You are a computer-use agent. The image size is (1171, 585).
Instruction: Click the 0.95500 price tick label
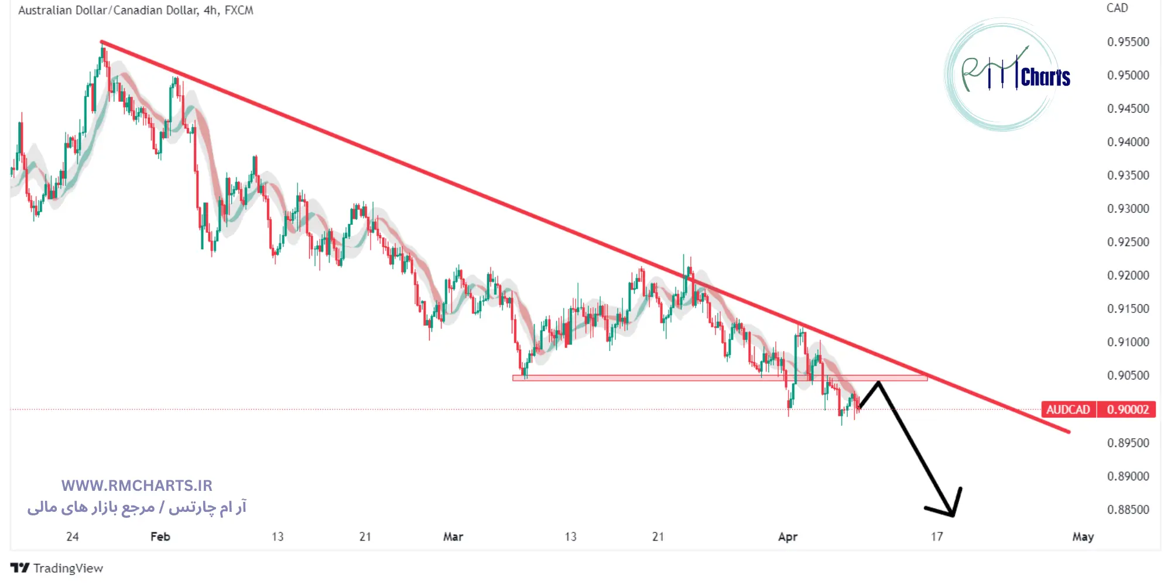click(x=1128, y=42)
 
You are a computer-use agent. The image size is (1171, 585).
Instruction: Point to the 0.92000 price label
click(x=1128, y=276)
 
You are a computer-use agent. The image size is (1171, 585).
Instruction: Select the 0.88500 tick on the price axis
click(x=1128, y=510)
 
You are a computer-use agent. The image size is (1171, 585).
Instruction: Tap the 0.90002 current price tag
click(x=1127, y=409)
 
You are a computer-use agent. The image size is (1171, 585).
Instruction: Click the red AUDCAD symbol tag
click(x=1068, y=409)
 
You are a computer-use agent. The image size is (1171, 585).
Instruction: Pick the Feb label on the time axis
click(x=160, y=536)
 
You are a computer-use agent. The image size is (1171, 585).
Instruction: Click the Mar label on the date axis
click(x=453, y=536)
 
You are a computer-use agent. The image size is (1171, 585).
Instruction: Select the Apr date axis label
click(x=787, y=536)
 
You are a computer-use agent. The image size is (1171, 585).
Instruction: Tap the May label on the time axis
click(x=1083, y=536)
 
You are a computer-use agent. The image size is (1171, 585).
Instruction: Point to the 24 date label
click(x=72, y=536)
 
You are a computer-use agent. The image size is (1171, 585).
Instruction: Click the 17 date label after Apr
click(x=937, y=536)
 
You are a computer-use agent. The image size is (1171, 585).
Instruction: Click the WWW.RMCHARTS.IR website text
click(x=136, y=486)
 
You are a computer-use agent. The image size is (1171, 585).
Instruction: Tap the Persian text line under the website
click(x=136, y=507)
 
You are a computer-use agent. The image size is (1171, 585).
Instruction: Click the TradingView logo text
click(x=57, y=568)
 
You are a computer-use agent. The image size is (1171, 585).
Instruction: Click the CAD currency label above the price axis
click(x=1117, y=8)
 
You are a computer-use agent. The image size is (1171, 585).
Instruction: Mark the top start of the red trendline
click(x=102, y=42)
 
